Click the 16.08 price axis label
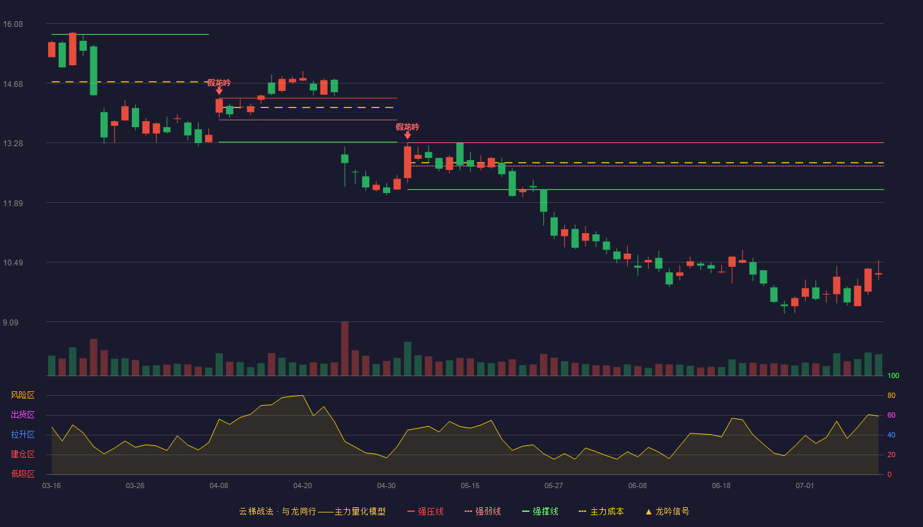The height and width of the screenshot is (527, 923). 13,24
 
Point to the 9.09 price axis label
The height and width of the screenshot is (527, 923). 11,322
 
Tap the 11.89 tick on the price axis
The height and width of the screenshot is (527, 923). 13,204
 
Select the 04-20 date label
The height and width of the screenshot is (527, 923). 303,486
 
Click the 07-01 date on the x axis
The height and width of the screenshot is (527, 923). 805,486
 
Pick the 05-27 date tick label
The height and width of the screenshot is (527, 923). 553,486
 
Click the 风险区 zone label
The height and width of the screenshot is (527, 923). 22,395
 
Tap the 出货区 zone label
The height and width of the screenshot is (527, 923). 22,414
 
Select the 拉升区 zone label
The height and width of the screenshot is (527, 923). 22,434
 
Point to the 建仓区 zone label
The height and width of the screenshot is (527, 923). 22,454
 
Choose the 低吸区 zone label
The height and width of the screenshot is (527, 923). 22,474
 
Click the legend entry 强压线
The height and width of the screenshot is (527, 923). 425,511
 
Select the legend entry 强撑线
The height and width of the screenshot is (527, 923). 540,511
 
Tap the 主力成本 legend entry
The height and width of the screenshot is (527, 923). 601,511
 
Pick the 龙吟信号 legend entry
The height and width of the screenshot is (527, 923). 667,511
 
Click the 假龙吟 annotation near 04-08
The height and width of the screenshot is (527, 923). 219,83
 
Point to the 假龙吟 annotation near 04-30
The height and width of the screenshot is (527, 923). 407,127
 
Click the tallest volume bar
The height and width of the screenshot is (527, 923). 345,348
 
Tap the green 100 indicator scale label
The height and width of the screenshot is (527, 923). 893,375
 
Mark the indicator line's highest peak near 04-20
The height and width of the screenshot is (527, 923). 303,396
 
